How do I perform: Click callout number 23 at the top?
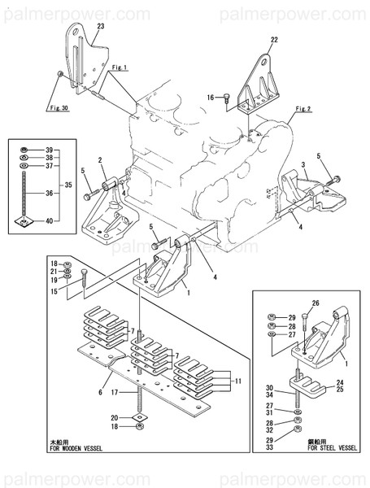100,28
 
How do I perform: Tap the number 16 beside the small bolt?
210,98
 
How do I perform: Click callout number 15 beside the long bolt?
54,291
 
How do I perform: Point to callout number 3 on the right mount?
303,165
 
